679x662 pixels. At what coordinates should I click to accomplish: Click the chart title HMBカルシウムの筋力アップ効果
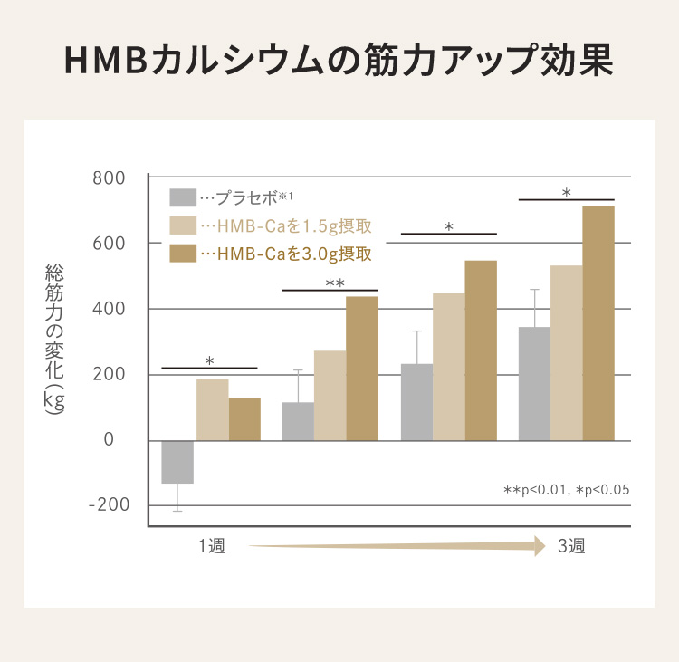(339, 61)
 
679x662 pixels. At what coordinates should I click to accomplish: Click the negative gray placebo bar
(177, 462)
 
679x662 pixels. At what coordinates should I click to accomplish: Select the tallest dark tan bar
(598, 323)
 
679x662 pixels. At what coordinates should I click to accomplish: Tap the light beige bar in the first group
(212, 409)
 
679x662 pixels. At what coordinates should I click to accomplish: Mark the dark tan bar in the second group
(362, 368)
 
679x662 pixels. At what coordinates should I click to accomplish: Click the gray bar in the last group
(534, 383)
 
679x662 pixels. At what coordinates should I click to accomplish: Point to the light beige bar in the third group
(448, 367)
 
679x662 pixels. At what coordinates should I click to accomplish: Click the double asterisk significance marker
(334, 283)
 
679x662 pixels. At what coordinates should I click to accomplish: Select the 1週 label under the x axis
(212, 546)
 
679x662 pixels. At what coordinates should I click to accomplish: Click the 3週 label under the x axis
(571, 546)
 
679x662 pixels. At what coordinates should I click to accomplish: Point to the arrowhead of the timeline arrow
(540, 545)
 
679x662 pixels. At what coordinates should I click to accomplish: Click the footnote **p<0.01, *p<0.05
(566, 490)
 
